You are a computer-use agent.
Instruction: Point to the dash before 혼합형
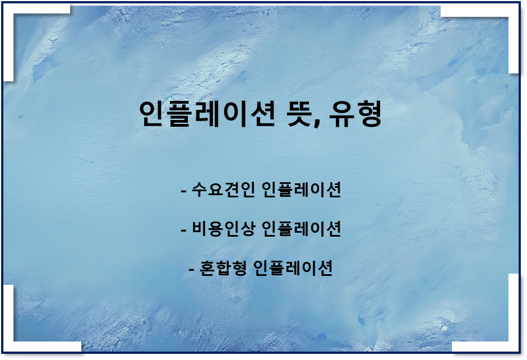click(192, 270)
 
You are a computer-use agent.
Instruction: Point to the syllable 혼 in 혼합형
click(207, 268)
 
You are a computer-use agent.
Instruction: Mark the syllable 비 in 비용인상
click(200, 229)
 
